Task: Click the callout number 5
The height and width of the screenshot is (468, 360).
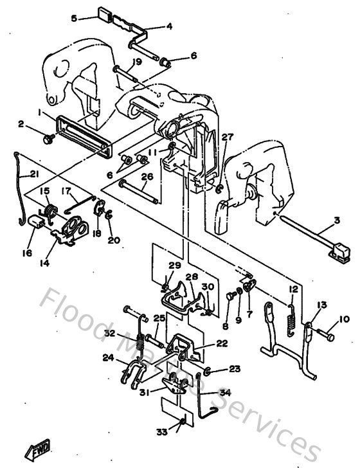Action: (74, 19)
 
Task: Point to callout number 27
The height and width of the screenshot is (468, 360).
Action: (226, 136)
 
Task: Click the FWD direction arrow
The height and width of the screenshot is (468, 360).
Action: (37, 449)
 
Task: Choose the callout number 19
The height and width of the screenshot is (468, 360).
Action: (137, 62)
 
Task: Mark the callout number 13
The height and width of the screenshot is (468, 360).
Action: (321, 305)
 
